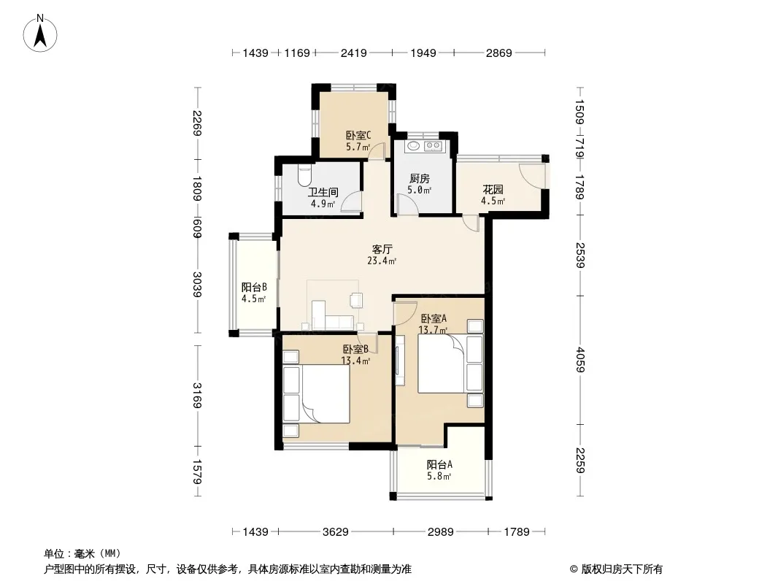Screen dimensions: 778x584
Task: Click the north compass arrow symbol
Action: (x=40, y=33)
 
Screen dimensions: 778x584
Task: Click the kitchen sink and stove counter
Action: (x=424, y=146)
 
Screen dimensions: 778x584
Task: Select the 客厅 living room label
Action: (x=382, y=249)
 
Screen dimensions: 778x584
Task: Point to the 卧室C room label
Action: (x=358, y=135)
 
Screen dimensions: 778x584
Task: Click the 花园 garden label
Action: (x=493, y=189)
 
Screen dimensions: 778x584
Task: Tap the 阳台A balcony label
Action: (x=439, y=464)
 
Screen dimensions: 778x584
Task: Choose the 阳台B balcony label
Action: (x=254, y=287)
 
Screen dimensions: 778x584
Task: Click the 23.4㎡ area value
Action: (x=382, y=261)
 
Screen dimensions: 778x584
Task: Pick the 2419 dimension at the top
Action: (x=354, y=53)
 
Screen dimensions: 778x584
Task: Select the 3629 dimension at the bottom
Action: (x=336, y=532)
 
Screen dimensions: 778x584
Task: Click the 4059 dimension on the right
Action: (x=580, y=360)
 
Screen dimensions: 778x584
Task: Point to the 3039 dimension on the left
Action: (x=198, y=284)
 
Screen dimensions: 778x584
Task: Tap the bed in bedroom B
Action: (x=317, y=394)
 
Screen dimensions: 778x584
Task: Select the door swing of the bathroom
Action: (x=351, y=201)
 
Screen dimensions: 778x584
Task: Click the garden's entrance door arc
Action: (x=532, y=176)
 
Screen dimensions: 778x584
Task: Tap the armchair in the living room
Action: (x=356, y=300)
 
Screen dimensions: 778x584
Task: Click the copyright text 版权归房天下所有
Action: (x=622, y=569)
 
